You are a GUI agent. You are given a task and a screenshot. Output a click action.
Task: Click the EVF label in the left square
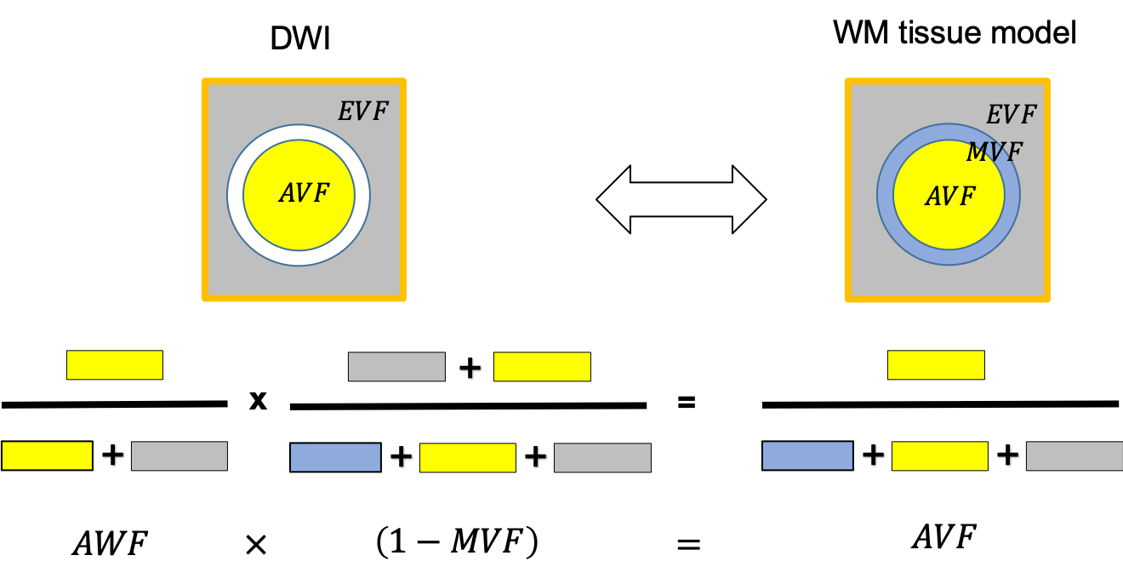tap(362, 112)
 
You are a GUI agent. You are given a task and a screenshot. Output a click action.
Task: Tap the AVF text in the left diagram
tap(304, 194)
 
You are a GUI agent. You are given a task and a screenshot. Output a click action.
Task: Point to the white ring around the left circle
tap(235, 195)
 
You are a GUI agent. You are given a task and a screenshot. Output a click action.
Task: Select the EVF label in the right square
tap(1011, 115)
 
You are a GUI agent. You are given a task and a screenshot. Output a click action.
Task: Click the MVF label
tap(994, 153)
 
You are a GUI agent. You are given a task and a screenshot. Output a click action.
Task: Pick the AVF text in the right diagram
tap(949, 198)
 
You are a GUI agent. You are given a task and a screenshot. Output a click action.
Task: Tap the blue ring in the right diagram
tap(885, 195)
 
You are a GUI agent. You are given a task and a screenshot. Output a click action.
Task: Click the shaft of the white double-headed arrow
tap(681, 199)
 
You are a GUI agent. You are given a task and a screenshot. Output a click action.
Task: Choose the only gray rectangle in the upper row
tap(396, 366)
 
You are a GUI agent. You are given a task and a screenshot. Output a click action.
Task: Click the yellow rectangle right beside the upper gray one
tap(542, 366)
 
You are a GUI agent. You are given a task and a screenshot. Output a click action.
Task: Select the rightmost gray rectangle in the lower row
tap(1075, 455)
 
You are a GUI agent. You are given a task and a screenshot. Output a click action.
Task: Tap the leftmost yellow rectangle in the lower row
tap(47, 455)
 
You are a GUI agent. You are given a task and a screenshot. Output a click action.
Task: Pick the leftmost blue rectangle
tap(335, 457)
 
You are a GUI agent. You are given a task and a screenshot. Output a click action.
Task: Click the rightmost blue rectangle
tap(807, 455)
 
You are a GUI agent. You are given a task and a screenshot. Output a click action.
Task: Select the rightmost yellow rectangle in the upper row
tap(936, 364)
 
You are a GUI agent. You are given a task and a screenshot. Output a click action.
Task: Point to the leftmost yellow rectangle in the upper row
tap(115, 364)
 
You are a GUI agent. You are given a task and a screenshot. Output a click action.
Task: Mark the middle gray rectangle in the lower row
tap(602, 457)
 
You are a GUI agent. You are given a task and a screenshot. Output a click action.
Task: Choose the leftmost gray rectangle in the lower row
tap(180, 455)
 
